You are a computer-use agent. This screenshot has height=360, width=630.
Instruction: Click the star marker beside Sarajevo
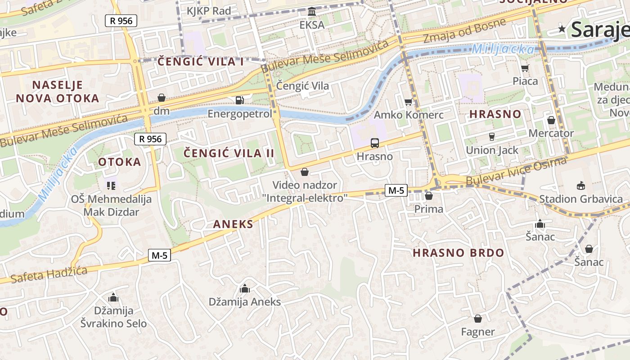[562, 29]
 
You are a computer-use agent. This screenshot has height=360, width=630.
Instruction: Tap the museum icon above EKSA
[312, 11]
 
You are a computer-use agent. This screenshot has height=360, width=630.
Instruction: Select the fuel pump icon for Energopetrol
[240, 100]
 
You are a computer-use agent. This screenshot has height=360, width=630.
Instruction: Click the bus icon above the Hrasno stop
[374, 143]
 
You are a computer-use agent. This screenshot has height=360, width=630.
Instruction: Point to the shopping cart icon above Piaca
[525, 68]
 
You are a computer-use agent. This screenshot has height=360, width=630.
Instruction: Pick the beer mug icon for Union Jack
[492, 136]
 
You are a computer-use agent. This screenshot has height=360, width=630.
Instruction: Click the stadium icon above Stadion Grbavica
[581, 185]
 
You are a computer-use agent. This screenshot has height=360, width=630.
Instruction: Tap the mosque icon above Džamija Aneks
[245, 288]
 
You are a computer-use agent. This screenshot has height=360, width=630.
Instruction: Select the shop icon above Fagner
[478, 319]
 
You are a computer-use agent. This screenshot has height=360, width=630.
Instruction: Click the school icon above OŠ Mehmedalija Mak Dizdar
[111, 185]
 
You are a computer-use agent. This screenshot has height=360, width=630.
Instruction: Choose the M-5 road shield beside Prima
[396, 190]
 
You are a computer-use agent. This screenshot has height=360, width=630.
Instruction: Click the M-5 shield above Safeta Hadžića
[160, 256]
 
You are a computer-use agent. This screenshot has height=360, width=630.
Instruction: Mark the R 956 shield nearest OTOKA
[150, 139]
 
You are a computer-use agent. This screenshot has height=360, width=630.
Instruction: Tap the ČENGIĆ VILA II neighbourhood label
[229, 153]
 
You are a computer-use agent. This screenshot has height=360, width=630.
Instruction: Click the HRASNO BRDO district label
[459, 252]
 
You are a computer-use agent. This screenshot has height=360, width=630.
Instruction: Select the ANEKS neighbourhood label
[233, 224]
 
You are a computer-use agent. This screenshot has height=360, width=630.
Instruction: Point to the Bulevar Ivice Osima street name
[516, 172]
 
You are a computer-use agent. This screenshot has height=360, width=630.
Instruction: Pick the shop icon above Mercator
[551, 120]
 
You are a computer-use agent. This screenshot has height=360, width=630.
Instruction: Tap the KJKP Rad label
[209, 11]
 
